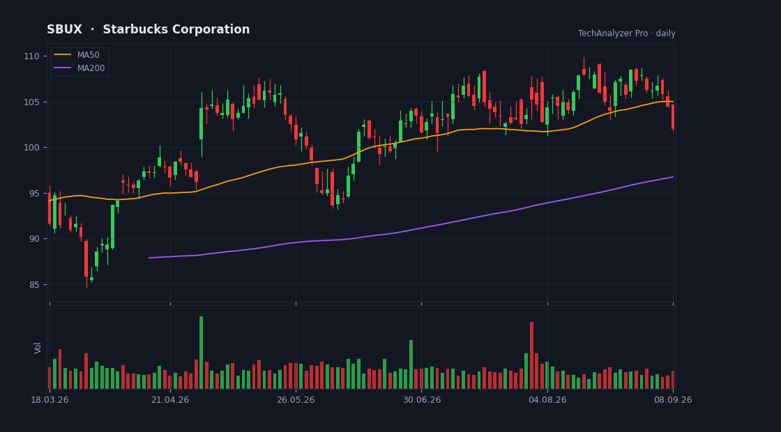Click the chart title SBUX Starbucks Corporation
(x=148, y=30)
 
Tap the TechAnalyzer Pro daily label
(x=627, y=33)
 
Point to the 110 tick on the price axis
(x=32, y=56)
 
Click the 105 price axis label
(x=32, y=102)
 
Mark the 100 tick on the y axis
(x=32, y=148)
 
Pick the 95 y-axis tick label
(x=34, y=193)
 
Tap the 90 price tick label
(x=34, y=239)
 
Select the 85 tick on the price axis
(x=34, y=285)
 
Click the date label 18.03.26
(x=50, y=400)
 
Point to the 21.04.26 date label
(x=170, y=400)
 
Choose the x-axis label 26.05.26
(x=296, y=400)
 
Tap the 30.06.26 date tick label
(x=421, y=400)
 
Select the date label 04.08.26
(x=547, y=400)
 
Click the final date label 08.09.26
(x=673, y=400)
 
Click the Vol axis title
(x=38, y=348)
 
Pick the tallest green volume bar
(x=202, y=353)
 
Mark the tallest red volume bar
(x=531, y=355)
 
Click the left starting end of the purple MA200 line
(x=149, y=258)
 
